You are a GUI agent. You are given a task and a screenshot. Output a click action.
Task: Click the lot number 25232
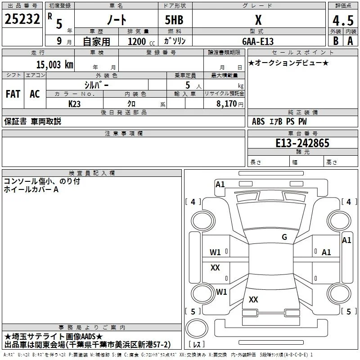click(22, 19)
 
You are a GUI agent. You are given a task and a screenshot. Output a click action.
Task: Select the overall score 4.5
click(343, 20)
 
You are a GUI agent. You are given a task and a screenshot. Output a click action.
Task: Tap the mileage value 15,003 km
click(54, 64)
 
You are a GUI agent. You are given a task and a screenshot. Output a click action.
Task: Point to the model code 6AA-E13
click(258, 41)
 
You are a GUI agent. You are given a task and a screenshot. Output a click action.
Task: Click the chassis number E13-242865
click(302, 143)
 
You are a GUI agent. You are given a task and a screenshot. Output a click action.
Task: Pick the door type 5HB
click(174, 20)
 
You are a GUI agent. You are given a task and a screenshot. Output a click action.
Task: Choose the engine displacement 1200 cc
click(141, 41)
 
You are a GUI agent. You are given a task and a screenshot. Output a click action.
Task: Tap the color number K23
click(74, 104)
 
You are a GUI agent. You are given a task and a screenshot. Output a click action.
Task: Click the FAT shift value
click(13, 94)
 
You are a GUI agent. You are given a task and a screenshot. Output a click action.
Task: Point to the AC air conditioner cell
click(35, 94)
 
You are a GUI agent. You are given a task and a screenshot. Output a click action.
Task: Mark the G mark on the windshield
click(284, 237)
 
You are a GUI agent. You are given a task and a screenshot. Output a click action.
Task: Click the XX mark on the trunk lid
click(253, 299)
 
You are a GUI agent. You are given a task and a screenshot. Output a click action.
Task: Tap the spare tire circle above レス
click(197, 328)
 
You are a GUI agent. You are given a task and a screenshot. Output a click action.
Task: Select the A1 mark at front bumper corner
click(220, 184)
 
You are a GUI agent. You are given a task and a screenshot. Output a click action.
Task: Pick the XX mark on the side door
click(215, 267)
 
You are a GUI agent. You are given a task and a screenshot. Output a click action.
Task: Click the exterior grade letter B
click(336, 41)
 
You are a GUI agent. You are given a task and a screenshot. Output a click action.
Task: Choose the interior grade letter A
click(350, 41)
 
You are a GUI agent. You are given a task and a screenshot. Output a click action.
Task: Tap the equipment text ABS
click(258, 121)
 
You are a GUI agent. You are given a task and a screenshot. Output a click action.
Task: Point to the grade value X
click(258, 20)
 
